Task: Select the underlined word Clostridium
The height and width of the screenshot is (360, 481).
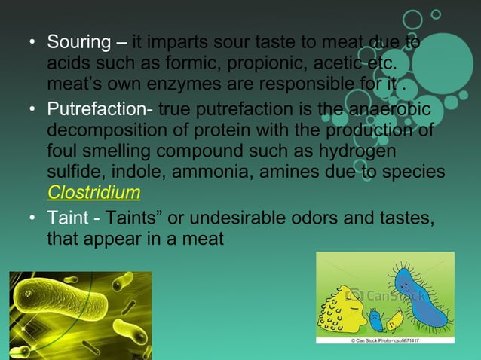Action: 93,191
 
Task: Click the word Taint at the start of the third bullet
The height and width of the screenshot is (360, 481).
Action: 66,218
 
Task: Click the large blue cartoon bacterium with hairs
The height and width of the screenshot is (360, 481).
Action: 416,297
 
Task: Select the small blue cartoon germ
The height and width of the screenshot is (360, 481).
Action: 375,321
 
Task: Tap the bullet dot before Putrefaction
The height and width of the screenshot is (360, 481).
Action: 33,112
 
